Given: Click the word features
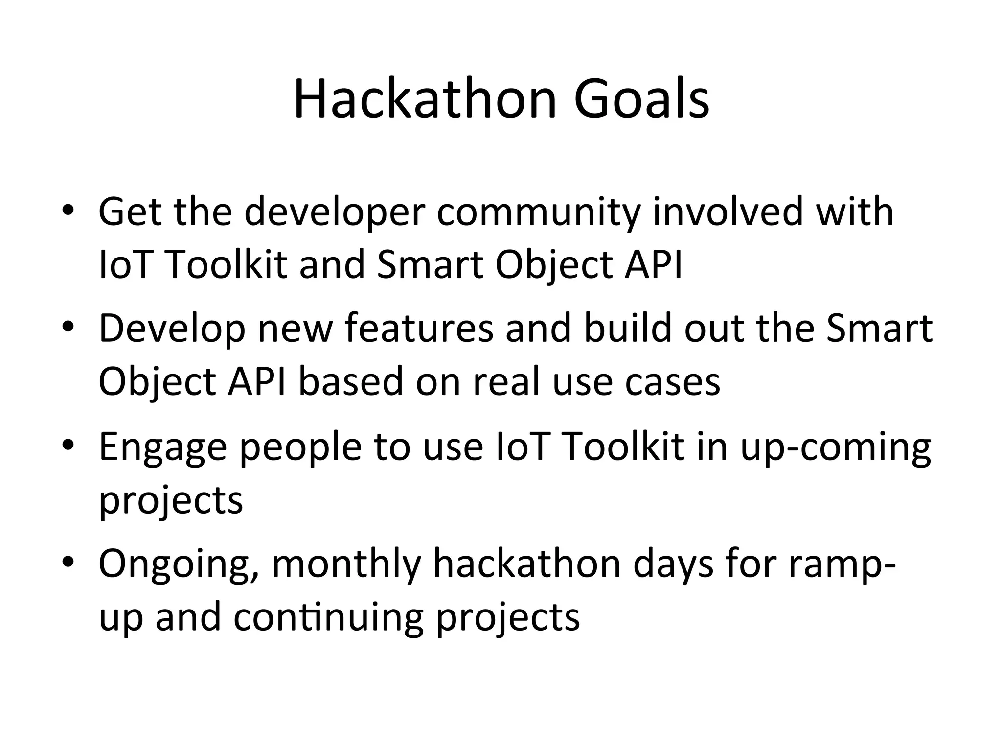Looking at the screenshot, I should click(419, 328).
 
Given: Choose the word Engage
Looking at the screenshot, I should click(163, 448).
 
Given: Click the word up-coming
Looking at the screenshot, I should click(836, 448).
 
